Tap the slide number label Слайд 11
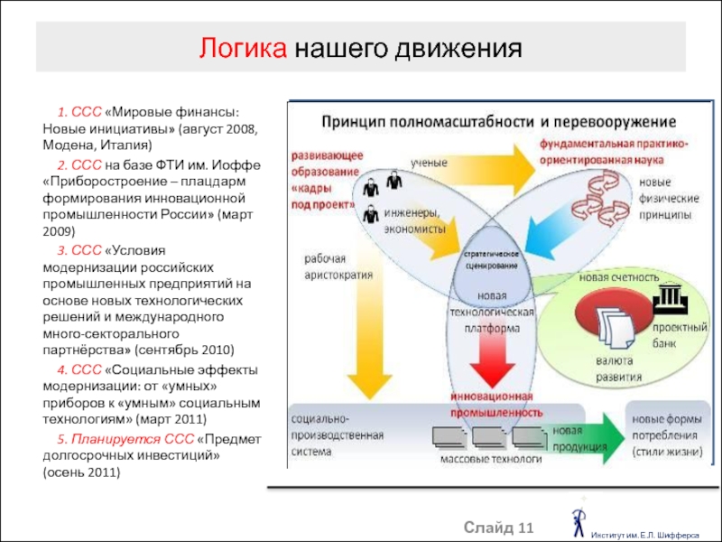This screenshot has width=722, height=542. pyautogui.click(x=500, y=526)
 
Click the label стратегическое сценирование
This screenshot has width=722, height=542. pyautogui.click(x=491, y=260)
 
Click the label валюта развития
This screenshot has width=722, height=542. pyautogui.click(x=618, y=370)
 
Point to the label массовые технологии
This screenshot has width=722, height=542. pyautogui.click(x=491, y=459)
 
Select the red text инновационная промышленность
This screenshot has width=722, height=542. pyautogui.click(x=490, y=405)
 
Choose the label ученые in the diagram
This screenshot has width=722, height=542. pyautogui.click(x=430, y=163)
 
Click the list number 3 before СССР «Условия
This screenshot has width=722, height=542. pyautogui.click(x=60, y=249)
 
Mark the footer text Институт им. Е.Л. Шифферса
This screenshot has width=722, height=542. pyautogui.click(x=647, y=534)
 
